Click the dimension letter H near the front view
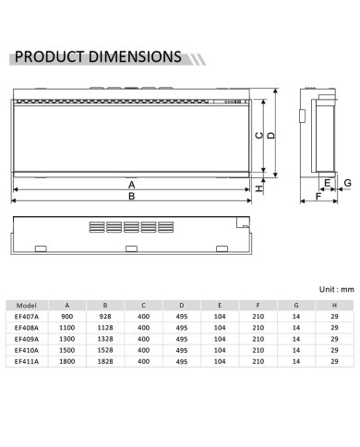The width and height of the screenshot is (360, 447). pos(259,187)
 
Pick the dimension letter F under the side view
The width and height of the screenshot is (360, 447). pos(318,197)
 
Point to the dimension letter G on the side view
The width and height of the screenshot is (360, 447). pos(347,185)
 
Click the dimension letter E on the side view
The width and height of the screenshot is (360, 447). pos(327,184)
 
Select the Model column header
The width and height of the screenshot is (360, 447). pos(26,305)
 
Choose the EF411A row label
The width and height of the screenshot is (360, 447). pos(26,361)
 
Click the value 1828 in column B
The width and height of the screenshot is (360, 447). pos(106,361)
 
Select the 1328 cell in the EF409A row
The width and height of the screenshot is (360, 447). pos(106,339)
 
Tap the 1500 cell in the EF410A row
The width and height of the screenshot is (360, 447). pos(66,350)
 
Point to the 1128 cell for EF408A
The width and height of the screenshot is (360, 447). pos(106,328)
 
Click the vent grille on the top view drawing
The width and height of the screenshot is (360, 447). pos(127,227)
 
